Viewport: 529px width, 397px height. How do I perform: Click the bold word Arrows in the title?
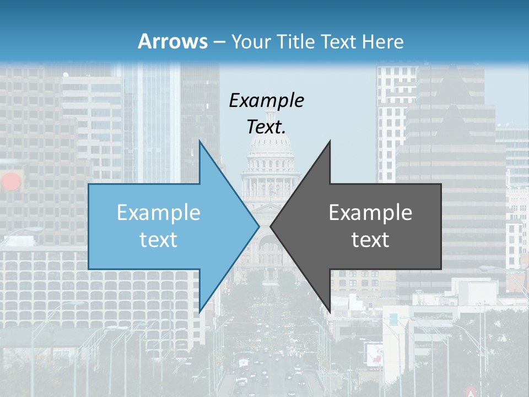tap(173, 41)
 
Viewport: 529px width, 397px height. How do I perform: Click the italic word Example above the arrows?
tap(266, 100)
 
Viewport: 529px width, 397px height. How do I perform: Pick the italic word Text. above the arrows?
tap(266, 127)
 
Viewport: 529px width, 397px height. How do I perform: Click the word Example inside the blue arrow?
tap(159, 213)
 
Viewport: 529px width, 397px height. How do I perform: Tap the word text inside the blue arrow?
tap(159, 240)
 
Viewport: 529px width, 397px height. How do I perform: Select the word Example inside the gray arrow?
tap(370, 213)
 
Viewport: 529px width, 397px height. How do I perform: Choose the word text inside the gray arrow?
tap(370, 240)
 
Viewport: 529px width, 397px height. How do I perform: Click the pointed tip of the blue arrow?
tap(258, 226)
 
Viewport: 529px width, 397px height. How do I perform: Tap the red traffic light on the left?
tap(10, 181)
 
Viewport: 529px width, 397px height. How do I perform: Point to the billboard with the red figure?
tap(374, 353)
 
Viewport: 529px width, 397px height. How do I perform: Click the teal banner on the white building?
tap(394, 319)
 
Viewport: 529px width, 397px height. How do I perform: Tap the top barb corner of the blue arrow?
tap(199, 141)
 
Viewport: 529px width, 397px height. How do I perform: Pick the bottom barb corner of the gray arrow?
tap(330, 312)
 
